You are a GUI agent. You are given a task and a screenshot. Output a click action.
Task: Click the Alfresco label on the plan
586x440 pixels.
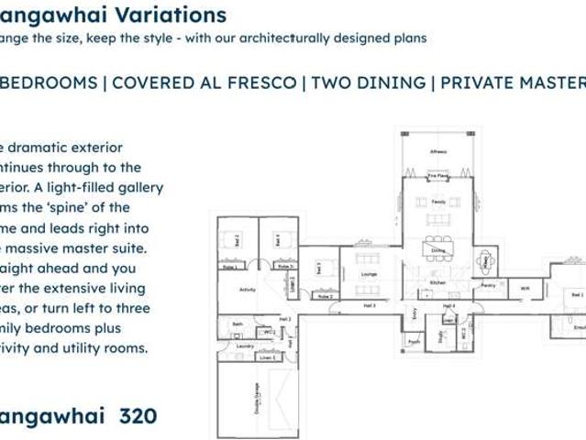pyautogui.click(x=437, y=151)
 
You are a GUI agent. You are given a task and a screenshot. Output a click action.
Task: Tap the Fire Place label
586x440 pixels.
pyautogui.click(x=437, y=175)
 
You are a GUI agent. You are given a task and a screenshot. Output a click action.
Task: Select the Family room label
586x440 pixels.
pyautogui.click(x=438, y=202)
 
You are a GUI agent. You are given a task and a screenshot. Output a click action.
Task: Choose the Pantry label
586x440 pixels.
pyautogui.click(x=487, y=285)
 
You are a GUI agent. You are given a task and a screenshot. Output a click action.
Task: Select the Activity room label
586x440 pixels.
pyautogui.click(x=247, y=289)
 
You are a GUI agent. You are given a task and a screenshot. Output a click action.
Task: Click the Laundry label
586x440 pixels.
pyautogui.click(x=244, y=346)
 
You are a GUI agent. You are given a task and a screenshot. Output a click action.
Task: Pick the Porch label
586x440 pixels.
pyautogui.click(x=414, y=343)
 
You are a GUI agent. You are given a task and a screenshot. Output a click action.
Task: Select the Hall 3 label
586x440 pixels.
pyautogui.click(x=369, y=305)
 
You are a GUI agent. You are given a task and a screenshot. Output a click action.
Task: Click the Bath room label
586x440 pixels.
pyautogui.click(x=238, y=324)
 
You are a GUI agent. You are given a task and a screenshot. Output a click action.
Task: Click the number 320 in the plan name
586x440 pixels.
pyautogui.click(x=138, y=416)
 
